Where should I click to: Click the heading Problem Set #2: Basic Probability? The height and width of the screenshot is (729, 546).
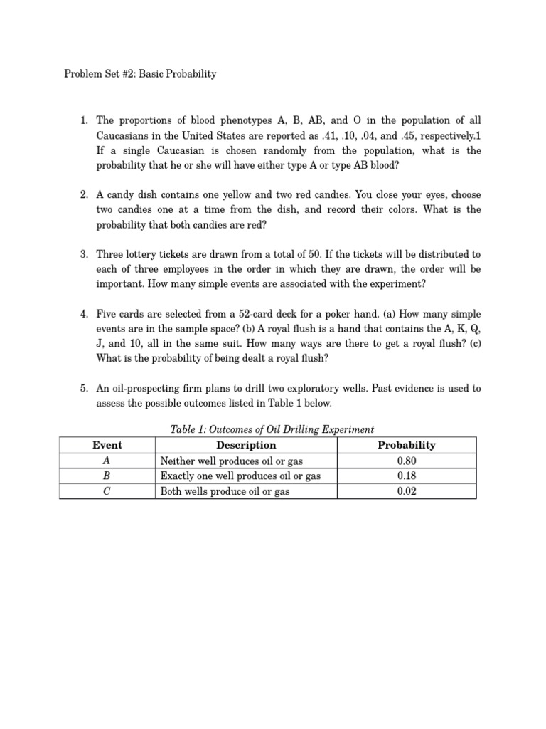[x=140, y=74]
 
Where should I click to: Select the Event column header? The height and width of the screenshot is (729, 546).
[x=107, y=446]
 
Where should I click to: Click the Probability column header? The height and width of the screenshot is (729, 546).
[x=406, y=446]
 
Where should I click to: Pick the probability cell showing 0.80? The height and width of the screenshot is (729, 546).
[x=406, y=461]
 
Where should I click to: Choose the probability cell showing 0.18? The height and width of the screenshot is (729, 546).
[x=406, y=476]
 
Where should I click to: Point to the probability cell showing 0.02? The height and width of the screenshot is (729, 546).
[x=406, y=491]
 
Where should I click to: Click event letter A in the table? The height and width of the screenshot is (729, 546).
[x=107, y=461]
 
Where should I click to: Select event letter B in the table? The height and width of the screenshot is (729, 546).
[x=107, y=476]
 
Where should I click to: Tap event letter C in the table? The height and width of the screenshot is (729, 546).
[x=107, y=491]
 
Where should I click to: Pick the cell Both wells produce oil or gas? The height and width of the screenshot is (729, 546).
[x=225, y=491]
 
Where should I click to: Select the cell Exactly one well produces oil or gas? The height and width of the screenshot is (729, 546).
[x=240, y=476]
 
